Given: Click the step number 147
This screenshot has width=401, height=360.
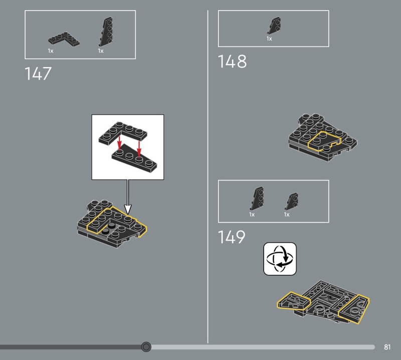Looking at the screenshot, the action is [38, 73].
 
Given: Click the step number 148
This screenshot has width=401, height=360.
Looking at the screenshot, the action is [232, 61].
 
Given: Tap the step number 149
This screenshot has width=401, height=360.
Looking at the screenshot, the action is [232, 237].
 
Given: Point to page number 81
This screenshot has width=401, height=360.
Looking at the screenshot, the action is [387, 347].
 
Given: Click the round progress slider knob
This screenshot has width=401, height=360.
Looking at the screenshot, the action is [146, 346].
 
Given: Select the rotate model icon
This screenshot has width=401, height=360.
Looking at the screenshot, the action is [280, 259].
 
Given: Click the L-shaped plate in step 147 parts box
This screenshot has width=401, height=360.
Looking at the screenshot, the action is [64, 39].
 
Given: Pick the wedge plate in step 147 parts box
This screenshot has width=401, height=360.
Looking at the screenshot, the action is [106, 32].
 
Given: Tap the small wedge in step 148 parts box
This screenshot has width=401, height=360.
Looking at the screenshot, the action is [274, 26].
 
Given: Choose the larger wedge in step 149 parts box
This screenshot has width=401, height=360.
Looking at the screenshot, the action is [257, 198].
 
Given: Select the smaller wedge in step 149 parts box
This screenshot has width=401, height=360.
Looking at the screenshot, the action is [292, 201].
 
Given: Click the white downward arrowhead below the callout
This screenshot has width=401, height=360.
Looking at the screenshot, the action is [128, 209].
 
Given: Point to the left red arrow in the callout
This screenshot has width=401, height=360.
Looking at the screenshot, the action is [119, 143].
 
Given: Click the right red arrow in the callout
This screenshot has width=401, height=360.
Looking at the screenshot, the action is [139, 149].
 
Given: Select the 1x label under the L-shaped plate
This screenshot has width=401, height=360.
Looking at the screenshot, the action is [51, 51].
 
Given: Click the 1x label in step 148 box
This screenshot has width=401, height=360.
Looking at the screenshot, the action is [269, 39].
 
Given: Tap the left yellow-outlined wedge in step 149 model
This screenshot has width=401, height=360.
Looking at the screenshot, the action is [294, 301].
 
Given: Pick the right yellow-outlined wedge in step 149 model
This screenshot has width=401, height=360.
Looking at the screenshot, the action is [354, 309].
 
